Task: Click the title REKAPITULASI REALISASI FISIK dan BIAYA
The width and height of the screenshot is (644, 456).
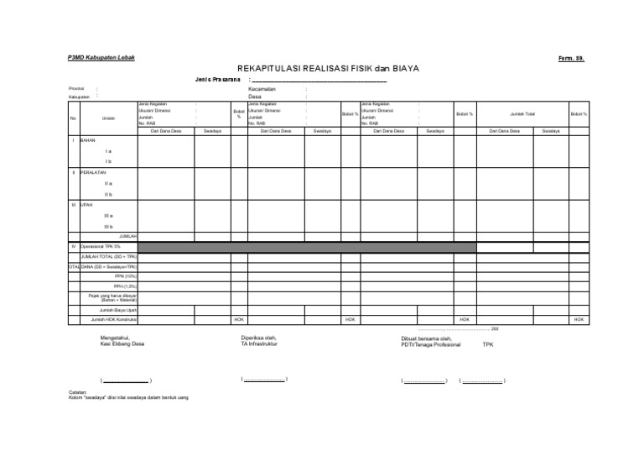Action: [327, 68]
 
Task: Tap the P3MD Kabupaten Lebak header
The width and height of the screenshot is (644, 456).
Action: [101, 57]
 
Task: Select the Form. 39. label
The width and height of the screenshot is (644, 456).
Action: [570, 58]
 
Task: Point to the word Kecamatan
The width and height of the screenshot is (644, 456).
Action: [263, 88]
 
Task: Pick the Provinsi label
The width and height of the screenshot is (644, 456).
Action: [76, 88]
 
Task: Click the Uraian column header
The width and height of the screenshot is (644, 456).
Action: [108, 118]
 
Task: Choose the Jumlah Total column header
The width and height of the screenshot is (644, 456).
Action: [522, 113]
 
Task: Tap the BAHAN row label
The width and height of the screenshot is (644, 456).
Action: [88, 140]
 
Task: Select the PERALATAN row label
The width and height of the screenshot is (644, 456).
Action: [93, 172]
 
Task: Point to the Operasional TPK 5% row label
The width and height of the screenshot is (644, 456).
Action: [101, 246]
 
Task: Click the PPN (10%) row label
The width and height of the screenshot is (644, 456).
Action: [126, 275]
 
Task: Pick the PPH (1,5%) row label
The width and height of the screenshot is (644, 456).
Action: [126, 286]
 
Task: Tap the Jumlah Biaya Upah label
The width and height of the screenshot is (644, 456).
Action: [118, 309]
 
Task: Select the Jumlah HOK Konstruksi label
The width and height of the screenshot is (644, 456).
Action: [114, 319]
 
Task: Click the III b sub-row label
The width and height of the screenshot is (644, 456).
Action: [108, 226]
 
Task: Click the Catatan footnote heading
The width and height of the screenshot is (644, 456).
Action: [78, 392]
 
